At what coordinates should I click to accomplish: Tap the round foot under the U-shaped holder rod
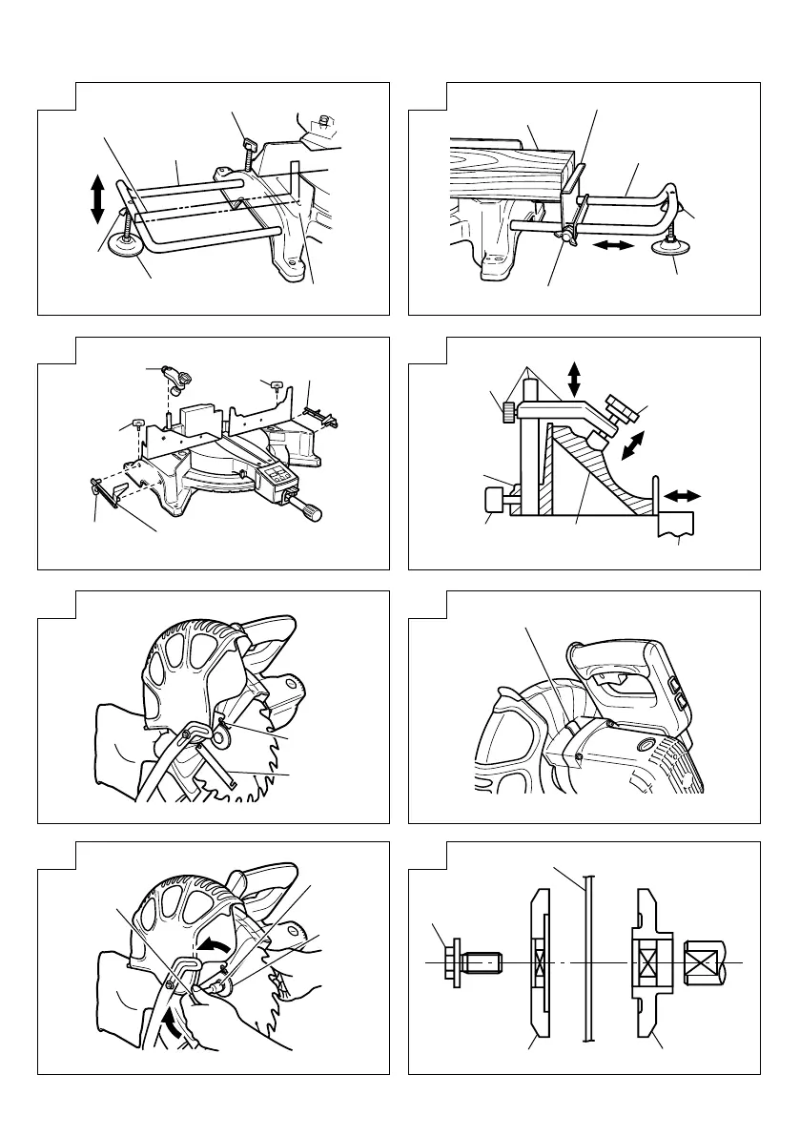click(x=125, y=245)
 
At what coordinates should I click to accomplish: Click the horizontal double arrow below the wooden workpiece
click(x=612, y=246)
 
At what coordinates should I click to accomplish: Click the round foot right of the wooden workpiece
click(x=671, y=249)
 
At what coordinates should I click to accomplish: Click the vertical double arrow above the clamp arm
click(x=573, y=378)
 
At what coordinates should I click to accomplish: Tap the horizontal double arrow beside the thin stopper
click(x=683, y=496)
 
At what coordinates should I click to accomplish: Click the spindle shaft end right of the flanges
click(x=706, y=965)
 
